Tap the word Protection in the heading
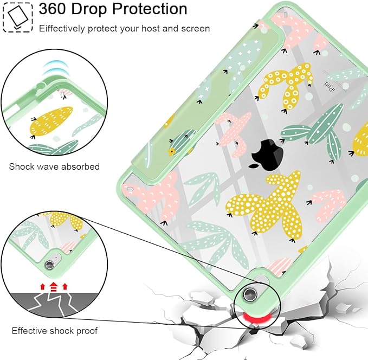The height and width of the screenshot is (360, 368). pyautogui.click(x=150, y=9)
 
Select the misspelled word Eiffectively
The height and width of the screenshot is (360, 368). pyautogui.click(x=62, y=29)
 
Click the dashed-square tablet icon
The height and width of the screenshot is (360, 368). pyautogui.click(x=17, y=17)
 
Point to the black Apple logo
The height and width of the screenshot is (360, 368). pyautogui.click(x=267, y=155)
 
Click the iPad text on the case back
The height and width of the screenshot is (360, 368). pyautogui.click(x=330, y=87)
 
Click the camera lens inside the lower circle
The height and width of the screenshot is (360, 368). pyautogui.click(x=49, y=265)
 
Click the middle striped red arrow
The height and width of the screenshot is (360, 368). pyautogui.click(x=54, y=287)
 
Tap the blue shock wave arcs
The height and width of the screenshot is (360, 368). pyautogui.click(x=54, y=68)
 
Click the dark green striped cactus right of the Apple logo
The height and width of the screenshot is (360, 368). pyautogui.click(x=314, y=132)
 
